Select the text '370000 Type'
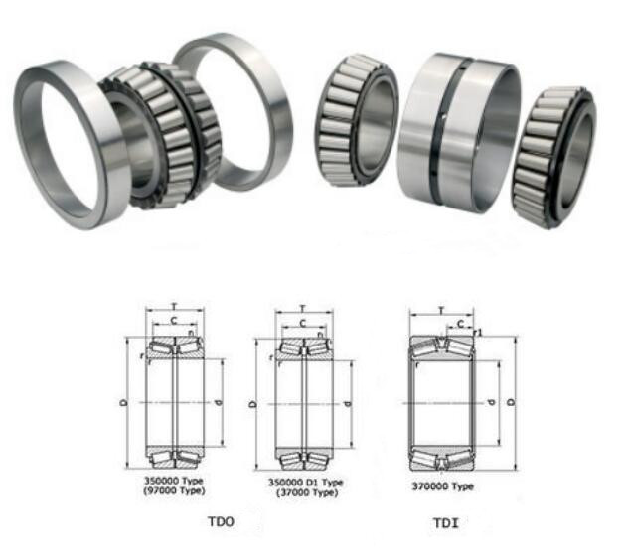(442, 486)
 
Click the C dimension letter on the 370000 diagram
(460, 323)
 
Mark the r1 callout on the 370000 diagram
(479, 332)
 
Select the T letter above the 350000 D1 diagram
(304, 307)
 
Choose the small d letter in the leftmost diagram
(220, 404)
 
